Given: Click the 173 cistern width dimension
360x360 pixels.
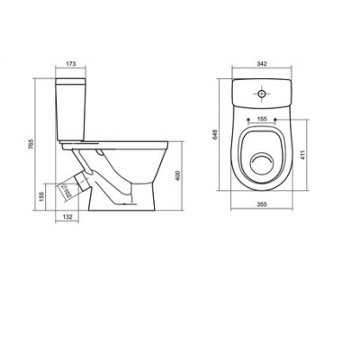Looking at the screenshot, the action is click(x=71, y=64).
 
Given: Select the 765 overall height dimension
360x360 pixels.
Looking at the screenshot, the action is click(x=32, y=144).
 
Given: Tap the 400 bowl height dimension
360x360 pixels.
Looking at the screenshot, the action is click(x=177, y=175).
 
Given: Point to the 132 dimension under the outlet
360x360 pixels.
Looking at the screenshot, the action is click(x=67, y=217).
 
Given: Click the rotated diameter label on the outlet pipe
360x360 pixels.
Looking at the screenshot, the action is click(x=67, y=191).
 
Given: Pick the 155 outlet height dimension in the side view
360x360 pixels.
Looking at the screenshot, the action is click(x=41, y=196).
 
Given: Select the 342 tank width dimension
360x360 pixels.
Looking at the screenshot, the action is click(x=262, y=64).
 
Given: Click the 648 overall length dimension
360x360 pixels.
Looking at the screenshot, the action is click(x=214, y=134).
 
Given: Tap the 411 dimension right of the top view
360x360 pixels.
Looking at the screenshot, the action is click(x=302, y=155).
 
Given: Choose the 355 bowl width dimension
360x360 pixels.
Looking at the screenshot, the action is click(x=262, y=204).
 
